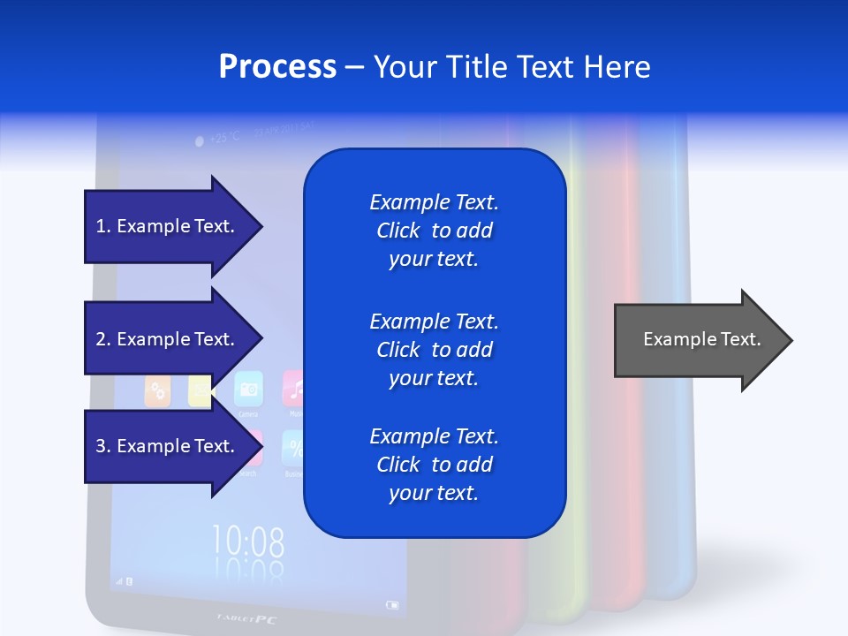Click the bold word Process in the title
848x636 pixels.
tap(277, 67)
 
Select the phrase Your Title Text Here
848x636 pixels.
tap(511, 67)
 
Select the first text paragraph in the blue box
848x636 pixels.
tap(434, 231)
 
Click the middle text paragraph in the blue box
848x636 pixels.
tap(434, 350)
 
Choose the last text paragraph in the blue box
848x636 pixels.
tap(434, 465)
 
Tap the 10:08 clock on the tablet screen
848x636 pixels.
tap(248, 540)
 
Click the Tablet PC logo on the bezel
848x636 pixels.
tap(246, 619)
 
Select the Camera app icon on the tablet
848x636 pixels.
tap(248, 389)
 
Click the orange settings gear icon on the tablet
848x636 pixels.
tap(157, 391)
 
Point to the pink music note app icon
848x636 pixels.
tap(294, 387)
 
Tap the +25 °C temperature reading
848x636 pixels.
tap(217, 138)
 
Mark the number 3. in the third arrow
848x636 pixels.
tap(102, 446)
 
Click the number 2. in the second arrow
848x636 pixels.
tap(102, 339)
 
